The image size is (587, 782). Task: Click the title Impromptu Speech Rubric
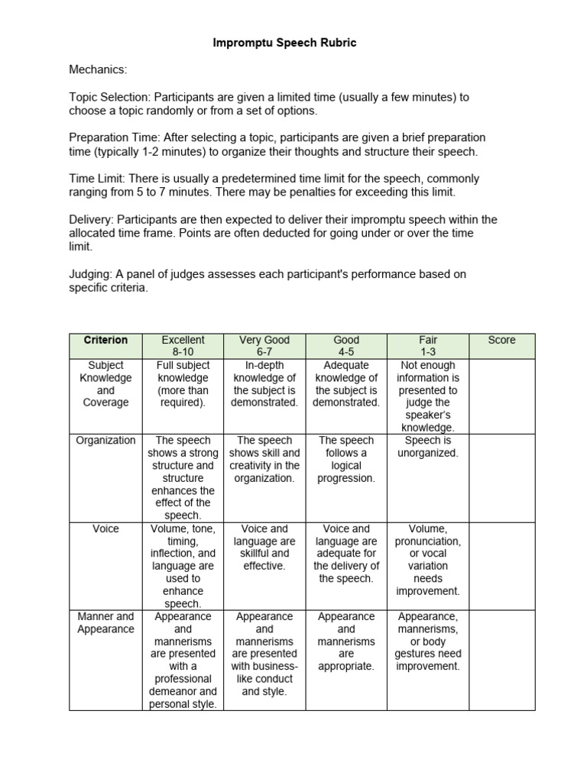[x=284, y=44]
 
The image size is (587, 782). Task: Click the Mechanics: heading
[x=98, y=70]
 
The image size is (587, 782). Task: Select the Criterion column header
[x=105, y=340]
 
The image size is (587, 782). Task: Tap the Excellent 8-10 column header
[x=183, y=346]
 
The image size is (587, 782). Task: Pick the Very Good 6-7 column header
[x=264, y=346]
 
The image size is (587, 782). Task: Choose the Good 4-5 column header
[x=346, y=346]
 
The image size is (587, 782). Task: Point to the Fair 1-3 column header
[x=428, y=346]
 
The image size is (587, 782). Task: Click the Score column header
[x=501, y=340]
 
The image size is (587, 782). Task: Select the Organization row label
[x=105, y=441]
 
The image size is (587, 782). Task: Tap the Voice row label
[x=105, y=528]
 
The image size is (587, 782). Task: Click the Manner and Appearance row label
[x=105, y=622]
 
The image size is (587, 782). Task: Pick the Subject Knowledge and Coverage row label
[x=105, y=384]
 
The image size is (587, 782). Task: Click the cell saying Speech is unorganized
[x=428, y=447]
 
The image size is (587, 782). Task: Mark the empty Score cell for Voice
[x=501, y=565]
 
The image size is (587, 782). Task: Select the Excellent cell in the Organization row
[x=183, y=478]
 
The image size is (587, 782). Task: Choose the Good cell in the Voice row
[x=346, y=553]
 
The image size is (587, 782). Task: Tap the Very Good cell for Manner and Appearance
[x=264, y=654]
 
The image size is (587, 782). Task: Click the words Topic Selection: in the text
[x=111, y=97]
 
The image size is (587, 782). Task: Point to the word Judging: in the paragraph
[x=90, y=274]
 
